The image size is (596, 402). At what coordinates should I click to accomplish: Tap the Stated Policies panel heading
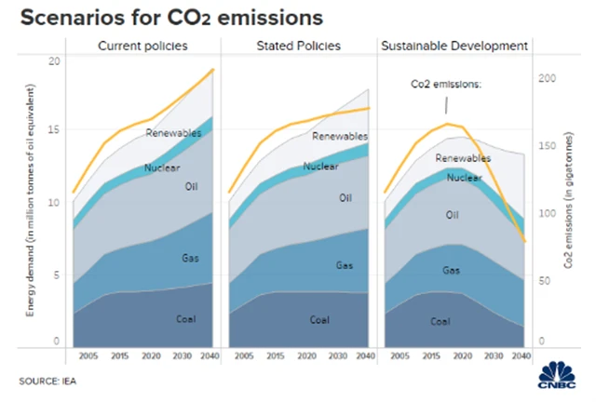[x=299, y=47]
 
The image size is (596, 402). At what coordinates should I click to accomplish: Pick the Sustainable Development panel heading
[x=454, y=47]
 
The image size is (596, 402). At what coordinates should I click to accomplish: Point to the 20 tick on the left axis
[x=54, y=61]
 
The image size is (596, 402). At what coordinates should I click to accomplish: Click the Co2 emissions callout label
[x=446, y=84]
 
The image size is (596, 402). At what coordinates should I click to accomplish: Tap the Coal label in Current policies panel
[x=185, y=319]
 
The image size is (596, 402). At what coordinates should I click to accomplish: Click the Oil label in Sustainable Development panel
[x=453, y=214]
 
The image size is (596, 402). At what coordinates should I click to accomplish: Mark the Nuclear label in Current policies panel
[x=162, y=168]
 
